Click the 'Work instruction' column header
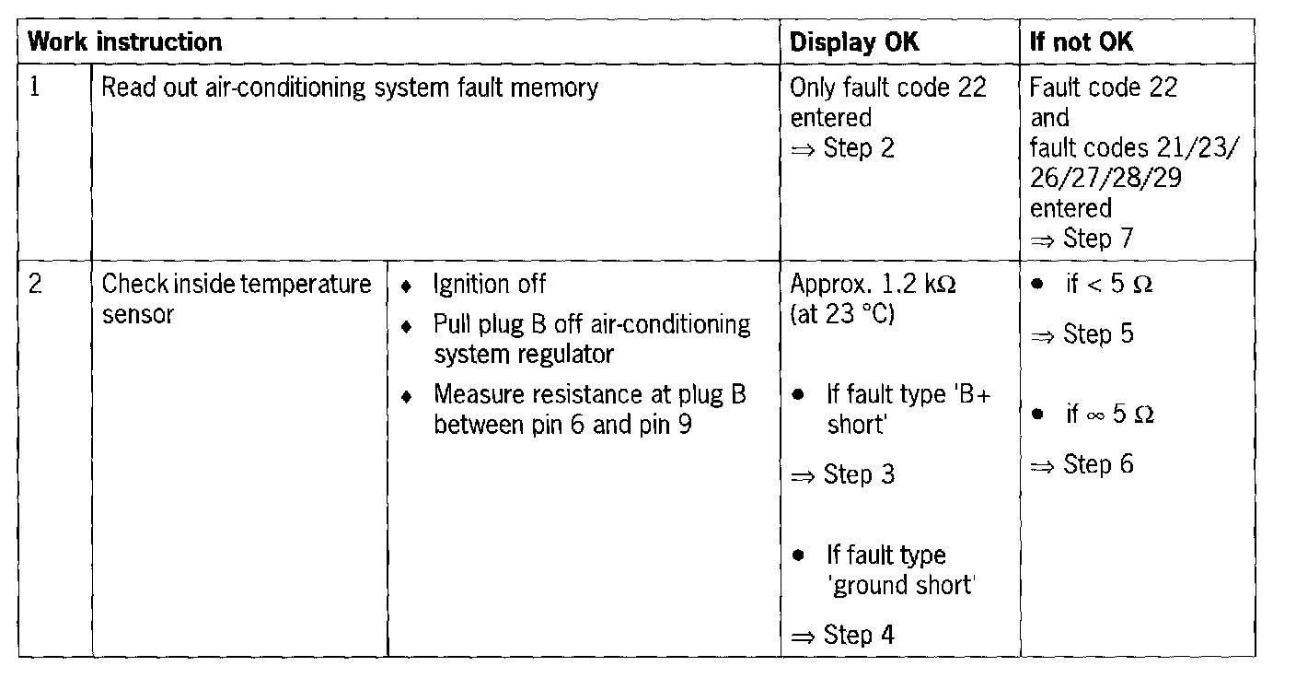(x=125, y=42)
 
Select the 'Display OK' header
(x=854, y=42)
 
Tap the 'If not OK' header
(x=1082, y=42)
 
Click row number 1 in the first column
(x=35, y=88)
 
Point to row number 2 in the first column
(x=35, y=285)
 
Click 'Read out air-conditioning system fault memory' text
(x=350, y=88)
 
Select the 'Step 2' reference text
(x=858, y=147)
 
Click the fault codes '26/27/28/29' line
(x=1105, y=178)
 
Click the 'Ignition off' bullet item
(x=490, y=285)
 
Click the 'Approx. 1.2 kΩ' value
(x=873, y=285)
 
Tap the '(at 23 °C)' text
(x=841, y=314)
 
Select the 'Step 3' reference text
(x=859, y=475)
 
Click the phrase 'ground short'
(x=901, y=585)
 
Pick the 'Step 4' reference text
(x=859, y=636)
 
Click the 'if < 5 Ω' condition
(x=1108, y=285)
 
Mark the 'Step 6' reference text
(x=1098, y=464)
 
